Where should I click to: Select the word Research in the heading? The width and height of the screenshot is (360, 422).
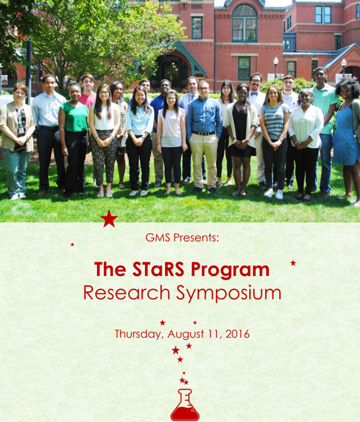[127, 293]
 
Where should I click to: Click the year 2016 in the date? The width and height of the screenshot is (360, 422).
[237, 334]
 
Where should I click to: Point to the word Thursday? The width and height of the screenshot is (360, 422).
[139, 334]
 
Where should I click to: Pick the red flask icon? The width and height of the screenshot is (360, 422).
[185, 405]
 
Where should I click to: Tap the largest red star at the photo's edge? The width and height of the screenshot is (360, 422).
[109, 218]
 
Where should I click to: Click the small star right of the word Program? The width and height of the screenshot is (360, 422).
[293, 263]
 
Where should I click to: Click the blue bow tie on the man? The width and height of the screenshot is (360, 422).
[254, 94]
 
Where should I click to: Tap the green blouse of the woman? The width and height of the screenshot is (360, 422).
[74, 117]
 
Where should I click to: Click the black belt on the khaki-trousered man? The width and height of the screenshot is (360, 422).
[204, 133]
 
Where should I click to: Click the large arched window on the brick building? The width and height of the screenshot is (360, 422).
[245, 23]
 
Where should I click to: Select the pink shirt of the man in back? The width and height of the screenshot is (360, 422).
[88, 100]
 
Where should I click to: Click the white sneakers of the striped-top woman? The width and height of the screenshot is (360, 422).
[274, 194]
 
